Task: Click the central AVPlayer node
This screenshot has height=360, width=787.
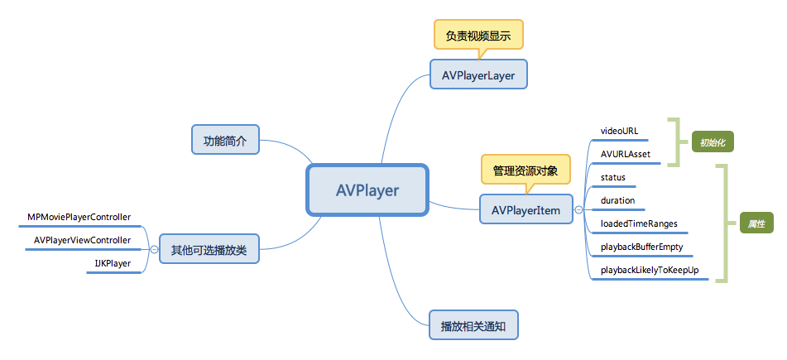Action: click(x=367, y=191)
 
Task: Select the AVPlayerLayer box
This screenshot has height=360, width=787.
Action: click(x=478, y=75)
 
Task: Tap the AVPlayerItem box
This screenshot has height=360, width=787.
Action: click(x=525, y=211)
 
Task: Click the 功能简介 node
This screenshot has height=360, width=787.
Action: click(x=225, y=141)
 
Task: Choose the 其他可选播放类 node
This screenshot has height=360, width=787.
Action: click(x=209, y=249)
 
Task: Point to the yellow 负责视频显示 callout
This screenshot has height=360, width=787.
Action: click(x=478, y=36)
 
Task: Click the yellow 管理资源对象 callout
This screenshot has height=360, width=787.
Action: click(x=525, y=170)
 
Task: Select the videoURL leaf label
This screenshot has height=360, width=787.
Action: click(x=619, y=131)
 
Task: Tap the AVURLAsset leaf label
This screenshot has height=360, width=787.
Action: click(x=625, y=154)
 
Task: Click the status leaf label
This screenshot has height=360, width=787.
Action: click(x=613, y=177)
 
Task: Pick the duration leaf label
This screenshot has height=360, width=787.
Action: click(x=617, y=200)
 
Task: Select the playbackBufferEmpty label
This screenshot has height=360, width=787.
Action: click(x=641, y=247)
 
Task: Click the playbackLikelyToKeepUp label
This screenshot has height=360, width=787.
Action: click(x=649, y=271)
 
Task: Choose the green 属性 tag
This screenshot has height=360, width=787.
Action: click(x=756, y=223)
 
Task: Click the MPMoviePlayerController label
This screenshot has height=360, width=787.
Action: click(x=79, y=217)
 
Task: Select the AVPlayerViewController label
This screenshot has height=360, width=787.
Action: click(x=82, y=240)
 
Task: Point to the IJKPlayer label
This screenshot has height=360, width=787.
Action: click(x=113, y=263)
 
